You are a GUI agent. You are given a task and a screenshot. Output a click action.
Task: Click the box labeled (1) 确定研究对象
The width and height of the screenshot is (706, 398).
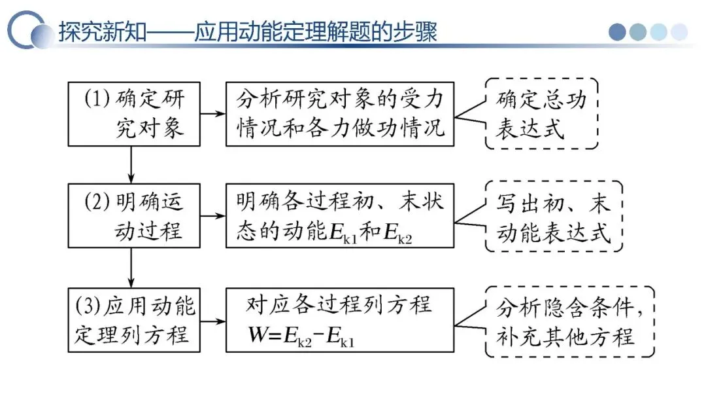tap(132, 114)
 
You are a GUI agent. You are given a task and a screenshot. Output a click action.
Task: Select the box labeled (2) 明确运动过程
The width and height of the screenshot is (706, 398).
tap(132, 215)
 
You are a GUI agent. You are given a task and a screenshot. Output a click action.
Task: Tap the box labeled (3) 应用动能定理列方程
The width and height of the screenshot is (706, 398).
tap(132, 321)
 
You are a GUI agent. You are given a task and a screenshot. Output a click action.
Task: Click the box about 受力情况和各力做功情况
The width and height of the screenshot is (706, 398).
tap(339, 114)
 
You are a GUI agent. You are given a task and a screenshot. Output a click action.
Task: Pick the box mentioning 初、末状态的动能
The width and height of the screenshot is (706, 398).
tap(339, 215)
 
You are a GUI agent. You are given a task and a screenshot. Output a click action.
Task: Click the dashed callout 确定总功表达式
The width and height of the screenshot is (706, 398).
tap(541, 114)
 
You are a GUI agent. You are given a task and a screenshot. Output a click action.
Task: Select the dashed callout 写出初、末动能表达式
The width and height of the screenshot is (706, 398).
tap(553, 215)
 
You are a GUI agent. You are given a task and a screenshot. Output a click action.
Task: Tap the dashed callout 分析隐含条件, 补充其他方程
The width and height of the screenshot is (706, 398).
tap(569, 321)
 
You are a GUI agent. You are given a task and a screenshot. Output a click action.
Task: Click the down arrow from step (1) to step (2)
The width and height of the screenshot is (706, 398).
tap(132, 164)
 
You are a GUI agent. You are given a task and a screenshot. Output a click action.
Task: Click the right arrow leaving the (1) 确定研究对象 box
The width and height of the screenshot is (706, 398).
tap(211, 114)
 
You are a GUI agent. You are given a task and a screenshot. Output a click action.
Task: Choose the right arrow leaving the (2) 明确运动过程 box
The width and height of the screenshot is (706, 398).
tap(211, 215)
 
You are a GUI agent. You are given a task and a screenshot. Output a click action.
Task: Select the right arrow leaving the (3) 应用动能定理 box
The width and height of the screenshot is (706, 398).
tap(211, 321)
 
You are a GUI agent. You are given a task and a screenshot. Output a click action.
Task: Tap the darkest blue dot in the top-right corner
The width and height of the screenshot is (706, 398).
tap(618, 31)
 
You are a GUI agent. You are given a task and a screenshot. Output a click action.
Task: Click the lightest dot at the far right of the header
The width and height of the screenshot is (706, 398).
tap(680, 31)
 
